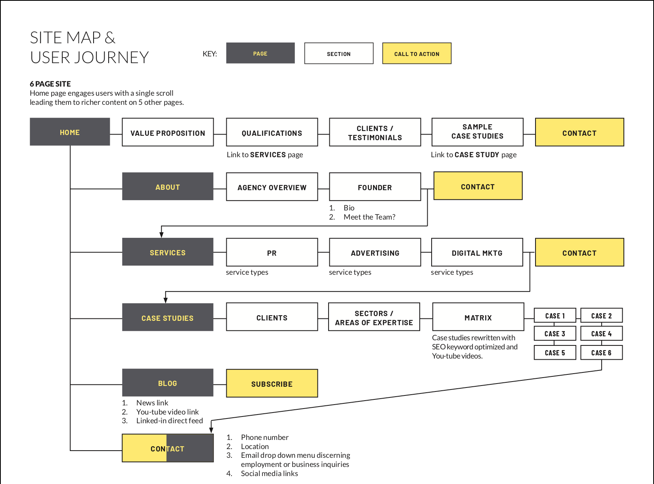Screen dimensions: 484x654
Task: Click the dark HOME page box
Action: [x=70, y=132]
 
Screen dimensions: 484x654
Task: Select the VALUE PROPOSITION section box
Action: [x=168, y=132]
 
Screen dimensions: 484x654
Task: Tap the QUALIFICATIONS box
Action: [x=272, y=132]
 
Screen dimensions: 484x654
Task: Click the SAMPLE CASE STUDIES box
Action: [x=477, y=132]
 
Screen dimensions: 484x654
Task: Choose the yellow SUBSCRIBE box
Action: [x=272, y=384]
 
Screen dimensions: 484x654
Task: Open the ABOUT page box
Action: [x=168, y=187]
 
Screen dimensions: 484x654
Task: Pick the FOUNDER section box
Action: [x=375, y=187]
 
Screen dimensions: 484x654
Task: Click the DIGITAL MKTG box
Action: [x=477, y=253]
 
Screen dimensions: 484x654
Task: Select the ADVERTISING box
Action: [x=375, y=253]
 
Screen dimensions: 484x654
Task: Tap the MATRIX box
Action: [x=478, y=317]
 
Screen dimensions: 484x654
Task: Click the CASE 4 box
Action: [x=601, y=334]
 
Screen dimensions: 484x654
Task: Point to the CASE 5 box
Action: [x=555, y=353]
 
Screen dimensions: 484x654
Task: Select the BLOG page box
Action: [x=168, y=383]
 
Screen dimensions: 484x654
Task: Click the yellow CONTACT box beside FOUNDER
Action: [x=478, y=186]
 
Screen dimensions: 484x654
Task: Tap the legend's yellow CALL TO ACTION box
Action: [x=417, y=54]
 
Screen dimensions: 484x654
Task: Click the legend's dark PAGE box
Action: [x=260, y=53]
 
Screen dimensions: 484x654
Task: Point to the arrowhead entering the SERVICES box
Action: [x=161, y=235]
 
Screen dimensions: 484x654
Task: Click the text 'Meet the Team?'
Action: [x=369, y=217]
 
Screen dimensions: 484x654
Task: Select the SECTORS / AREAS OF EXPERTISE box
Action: [x=374, y=317]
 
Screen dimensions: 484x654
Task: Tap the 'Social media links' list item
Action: [x=269, y=474]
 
